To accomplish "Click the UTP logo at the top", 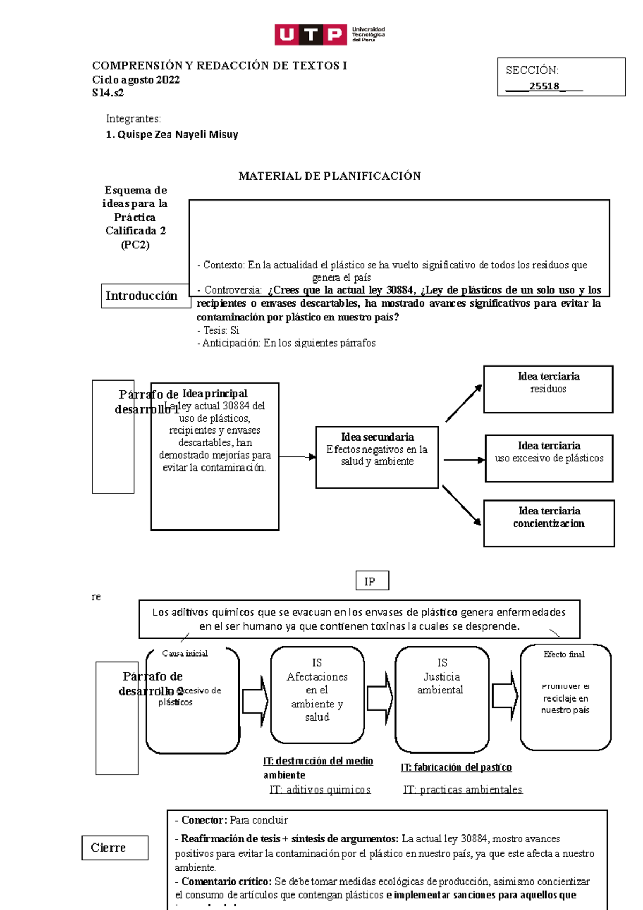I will (x=329, y=34).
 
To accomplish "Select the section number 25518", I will (x=544, y=86).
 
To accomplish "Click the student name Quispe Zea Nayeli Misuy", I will (x=172, y=135).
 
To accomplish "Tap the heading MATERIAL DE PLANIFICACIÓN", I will (x=329, y=176).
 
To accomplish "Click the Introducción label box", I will (x=141, y=296).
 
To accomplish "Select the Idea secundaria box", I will (x=377, y=457).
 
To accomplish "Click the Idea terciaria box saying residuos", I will (x=548, y=389).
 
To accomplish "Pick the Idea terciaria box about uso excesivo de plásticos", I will (x=549, y=458).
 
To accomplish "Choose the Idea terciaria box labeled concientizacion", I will (x=549, y=523).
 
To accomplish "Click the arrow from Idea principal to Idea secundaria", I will (x=297, y=457).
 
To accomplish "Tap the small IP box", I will (x=372, y=581).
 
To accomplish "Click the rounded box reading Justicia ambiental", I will (x=442, y=699).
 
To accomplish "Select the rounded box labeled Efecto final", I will (x=565, y=697).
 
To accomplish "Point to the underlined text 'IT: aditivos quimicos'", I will (x=319, y=789).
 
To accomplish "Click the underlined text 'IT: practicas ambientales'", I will (x=462, y=789).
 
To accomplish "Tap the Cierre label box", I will (x=115, y=847).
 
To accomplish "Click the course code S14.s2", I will (x=108, y=93).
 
